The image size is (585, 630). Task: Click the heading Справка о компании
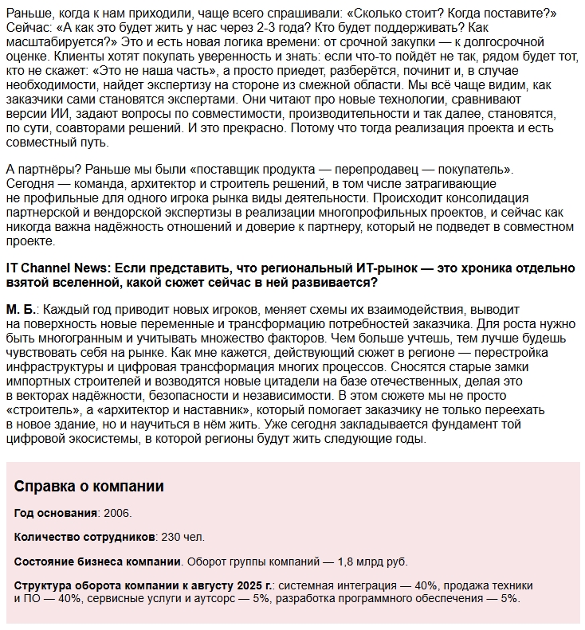pos(89,486)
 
